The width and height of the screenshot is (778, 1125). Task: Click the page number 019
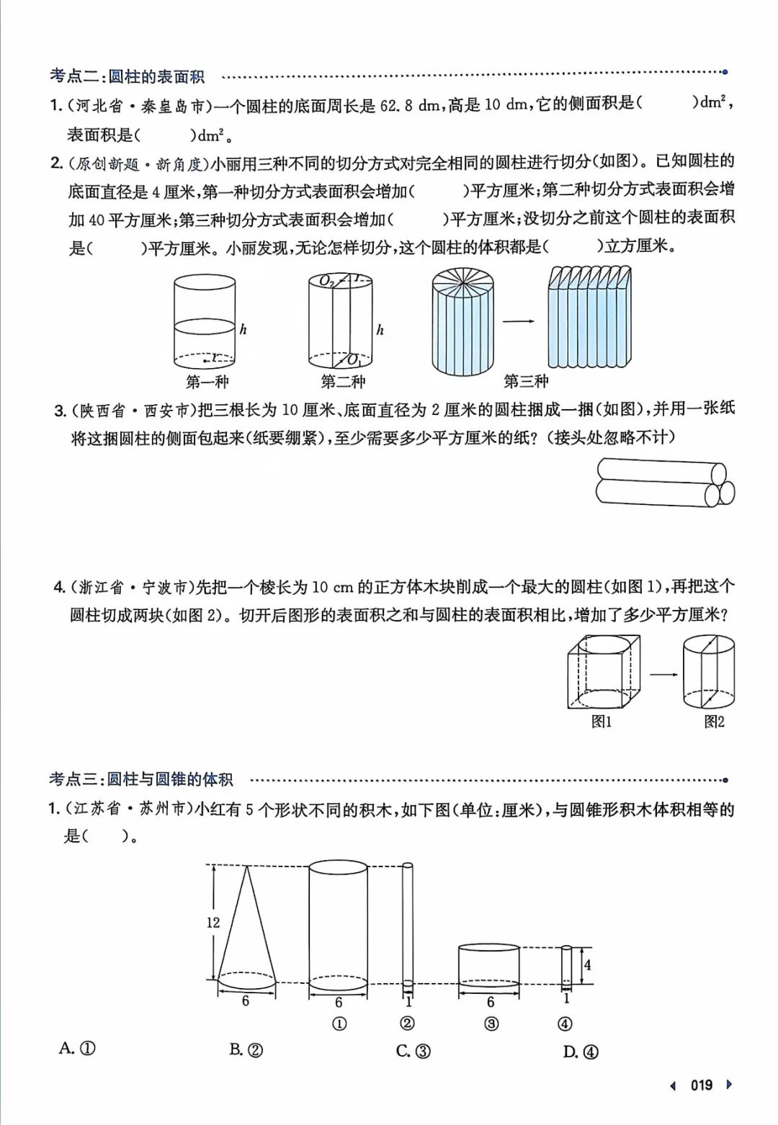(x=701, y=1085)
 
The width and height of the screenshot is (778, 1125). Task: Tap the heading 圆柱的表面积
(x=156, y=76)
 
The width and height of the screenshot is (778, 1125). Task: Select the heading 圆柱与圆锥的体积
(x=170, y=779)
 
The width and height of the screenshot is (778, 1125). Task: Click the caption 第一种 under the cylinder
(x=207, y=382)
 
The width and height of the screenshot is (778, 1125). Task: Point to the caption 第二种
(x=343, y=382)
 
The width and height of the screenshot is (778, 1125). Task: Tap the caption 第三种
(x=526, y=381)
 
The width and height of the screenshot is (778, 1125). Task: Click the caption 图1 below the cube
(x=602, y=722)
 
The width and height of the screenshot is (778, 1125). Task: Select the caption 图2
(x=714, y=722)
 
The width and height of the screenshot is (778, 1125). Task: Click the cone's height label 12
(x=213, y=923)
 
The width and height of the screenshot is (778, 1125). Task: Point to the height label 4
(x=587, y=964)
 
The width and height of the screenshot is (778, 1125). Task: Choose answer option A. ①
(x=77, y=1049)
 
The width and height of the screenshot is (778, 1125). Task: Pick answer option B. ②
(x=246, y=1050)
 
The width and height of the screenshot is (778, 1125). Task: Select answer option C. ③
(x=413, y=1051)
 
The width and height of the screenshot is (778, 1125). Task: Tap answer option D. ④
(x=581, y=1052)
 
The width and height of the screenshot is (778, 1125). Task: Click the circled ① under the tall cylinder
(x=339, y=1024)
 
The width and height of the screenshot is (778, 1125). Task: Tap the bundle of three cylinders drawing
(x=664, y=482)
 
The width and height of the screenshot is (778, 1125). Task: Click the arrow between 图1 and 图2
(x=663, y=674)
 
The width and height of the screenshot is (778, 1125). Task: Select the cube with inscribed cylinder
(x=604, y=671)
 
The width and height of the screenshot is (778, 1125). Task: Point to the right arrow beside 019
(x=729, y=1085)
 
